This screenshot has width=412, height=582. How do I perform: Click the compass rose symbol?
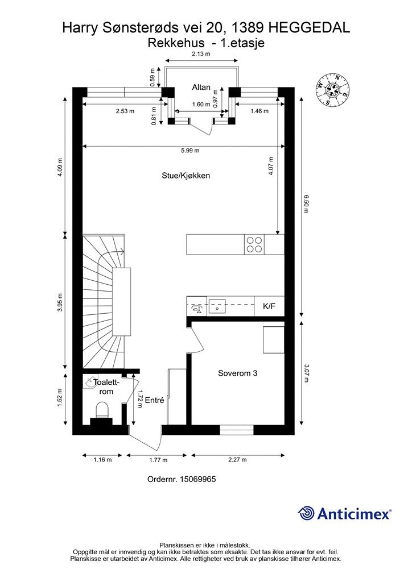pyautogui.click(x=333, y=89)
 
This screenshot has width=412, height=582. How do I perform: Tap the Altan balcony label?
pyautogui.click(x=201, y=87)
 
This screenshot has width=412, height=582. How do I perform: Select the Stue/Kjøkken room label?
pyautogui.click(x=186, y=176)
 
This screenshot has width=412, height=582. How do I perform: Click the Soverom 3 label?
pyautogui.click(x=237, y=373)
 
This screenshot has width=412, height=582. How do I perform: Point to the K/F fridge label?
pyautogui.click(x=269, y=306)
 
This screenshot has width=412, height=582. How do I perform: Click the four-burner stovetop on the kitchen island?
pyautogui.click(x=254, y=244)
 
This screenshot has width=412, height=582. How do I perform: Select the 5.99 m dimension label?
pyautogui.click(x=190, y=150)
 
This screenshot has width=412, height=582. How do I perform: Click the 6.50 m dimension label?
pyautogui.click(x=306, y=204)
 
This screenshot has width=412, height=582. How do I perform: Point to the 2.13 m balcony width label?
pyautogui.click(x=201, y=54)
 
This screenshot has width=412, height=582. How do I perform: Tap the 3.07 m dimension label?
pyautogui.click(x=306, y=373)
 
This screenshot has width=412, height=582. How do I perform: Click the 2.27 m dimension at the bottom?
pyautogui.click(x=238, y=459)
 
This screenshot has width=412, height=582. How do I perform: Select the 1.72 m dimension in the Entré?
pyautogui.click(x=139, y=398)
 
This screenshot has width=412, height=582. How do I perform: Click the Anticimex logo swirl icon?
pyautogui.click(x=306, y=514)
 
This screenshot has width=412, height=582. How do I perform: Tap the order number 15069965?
pyautogui.click(x=197, y=479)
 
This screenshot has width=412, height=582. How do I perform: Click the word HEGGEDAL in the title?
pyautogui.click(x=310, y=28)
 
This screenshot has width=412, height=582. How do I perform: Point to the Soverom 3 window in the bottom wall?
pyautogui.click(x=237, y=430)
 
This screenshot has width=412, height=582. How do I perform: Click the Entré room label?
pyautogui.click(x=154, y=400)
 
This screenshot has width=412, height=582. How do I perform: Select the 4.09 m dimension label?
pyautogui.click(x=60, y=168)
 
